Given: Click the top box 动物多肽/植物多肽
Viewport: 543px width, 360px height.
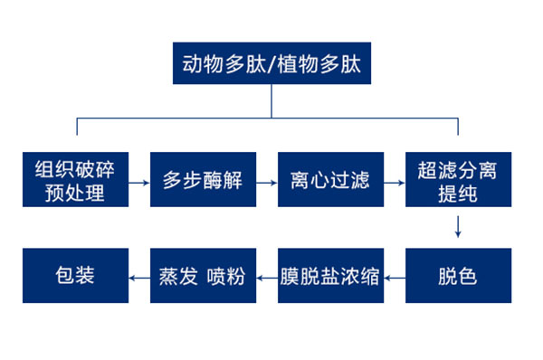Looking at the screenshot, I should (271, 65).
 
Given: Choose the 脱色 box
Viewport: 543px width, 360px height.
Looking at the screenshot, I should (458, 276).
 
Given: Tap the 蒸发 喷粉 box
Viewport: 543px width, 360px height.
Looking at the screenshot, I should (202, 276).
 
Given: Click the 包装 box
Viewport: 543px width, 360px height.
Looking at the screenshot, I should (75, 276).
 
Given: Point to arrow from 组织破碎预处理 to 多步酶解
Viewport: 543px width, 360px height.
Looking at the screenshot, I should (138, 181).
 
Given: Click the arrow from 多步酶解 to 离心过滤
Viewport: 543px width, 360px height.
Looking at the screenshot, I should (267, 181).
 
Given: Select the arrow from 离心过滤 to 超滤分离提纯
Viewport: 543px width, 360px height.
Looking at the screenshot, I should (395, 181).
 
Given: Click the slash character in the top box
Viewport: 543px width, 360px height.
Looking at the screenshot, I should (271, 65).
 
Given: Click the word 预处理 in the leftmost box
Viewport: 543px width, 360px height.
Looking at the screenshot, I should (76, 193).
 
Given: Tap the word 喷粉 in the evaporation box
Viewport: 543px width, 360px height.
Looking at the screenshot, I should (226, 276).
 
